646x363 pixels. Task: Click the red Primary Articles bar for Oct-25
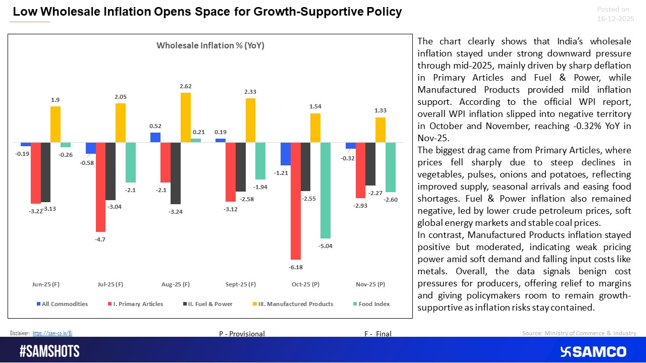pos(296,201)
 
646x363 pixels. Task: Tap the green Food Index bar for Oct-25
pos(326,190)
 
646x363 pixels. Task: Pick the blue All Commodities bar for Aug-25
pos(155,138)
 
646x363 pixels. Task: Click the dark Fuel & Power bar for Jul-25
pos(111,171)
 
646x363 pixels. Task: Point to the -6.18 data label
pos(296,267)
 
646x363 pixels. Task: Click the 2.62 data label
pos(186,86)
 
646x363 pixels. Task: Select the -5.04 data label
pos(326,246)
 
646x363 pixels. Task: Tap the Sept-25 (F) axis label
pos(240,284)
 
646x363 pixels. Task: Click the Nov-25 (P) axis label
pos(370,284)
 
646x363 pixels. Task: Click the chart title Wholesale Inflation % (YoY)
pos(210,45)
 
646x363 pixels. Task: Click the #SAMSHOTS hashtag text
pos(49,351)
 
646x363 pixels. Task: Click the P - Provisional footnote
pos(242,334)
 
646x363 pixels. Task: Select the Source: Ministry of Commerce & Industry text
pos(579,333)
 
